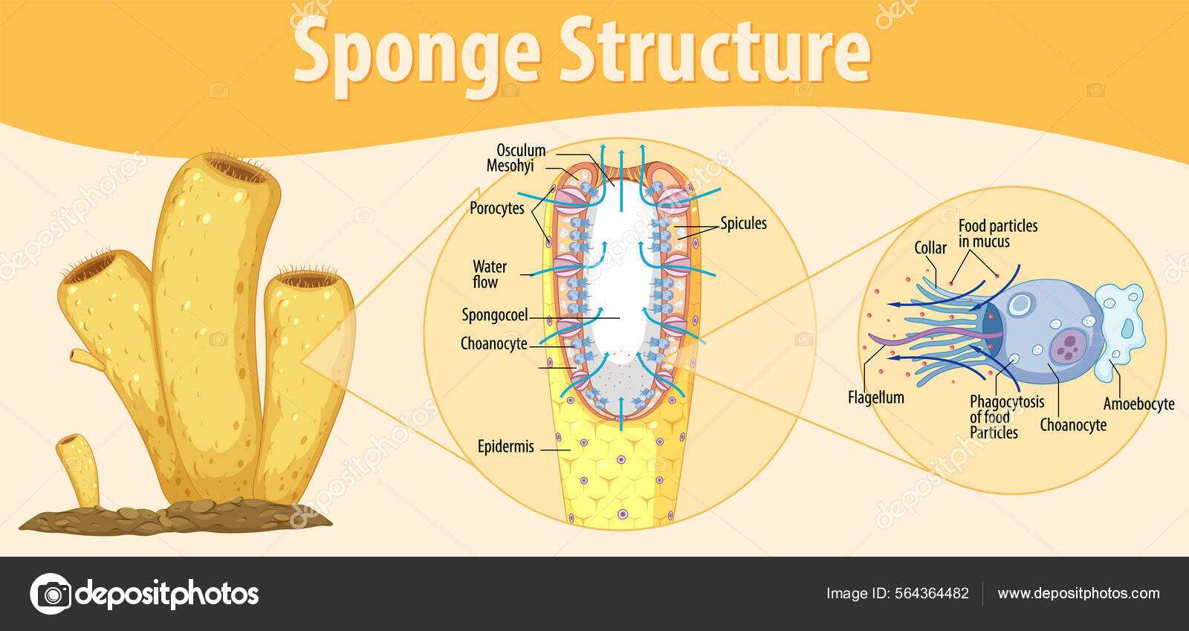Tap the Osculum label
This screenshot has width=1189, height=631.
point(521,150)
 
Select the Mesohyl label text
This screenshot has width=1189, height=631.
point(510,166)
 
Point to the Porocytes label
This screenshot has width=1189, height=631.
point(496,209)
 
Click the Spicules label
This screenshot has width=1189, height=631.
point(743,223)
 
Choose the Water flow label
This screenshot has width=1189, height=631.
point(489,274)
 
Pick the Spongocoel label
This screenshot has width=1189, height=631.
point(494,315)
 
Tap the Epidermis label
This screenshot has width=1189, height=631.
point(505,447)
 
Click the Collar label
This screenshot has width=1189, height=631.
point(930,247)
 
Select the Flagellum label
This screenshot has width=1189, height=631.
point(875,398)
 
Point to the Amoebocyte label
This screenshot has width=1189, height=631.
point(1138,404)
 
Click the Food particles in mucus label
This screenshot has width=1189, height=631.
point(997,233)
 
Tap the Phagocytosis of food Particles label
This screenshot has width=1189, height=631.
point(1006,417)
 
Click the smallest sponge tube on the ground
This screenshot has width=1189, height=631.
point(78,468)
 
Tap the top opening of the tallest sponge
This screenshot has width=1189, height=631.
point(237,169)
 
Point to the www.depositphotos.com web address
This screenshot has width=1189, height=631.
point(1078,593)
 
